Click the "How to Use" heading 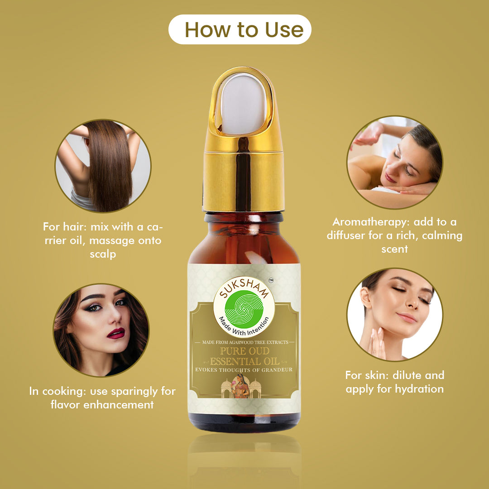pos(244,29)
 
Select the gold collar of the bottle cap pos(244,180)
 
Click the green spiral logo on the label pos(244,309)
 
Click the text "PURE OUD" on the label pos(244,351)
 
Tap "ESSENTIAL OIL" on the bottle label pos(244,362)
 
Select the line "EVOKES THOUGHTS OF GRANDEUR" pos(244,370)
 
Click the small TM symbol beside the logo pos(271,281)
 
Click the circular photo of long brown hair pos(103,166)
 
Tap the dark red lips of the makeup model pos(116,334)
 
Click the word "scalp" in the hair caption pos(103,254)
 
